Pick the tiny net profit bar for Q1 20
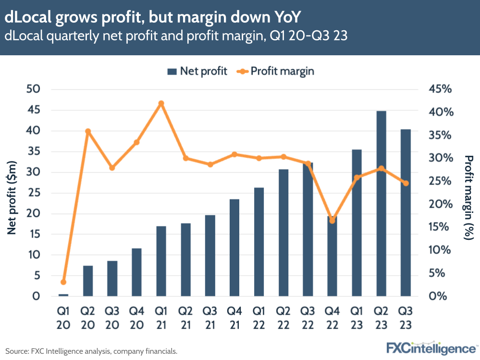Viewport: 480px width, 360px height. [63, 295]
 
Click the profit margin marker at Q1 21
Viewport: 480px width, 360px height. [161, 103]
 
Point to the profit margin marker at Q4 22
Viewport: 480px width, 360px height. [332, 221]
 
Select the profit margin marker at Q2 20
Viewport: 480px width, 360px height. [88, 131]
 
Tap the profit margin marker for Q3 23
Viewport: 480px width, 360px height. [406, 183]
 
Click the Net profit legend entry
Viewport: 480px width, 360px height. [197, 71]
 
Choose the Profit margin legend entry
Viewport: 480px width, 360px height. [276, 71]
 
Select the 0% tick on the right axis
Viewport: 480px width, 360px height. [438, 296]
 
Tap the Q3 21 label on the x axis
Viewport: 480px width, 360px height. [209, 318]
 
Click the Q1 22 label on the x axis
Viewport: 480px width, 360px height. [258, 318]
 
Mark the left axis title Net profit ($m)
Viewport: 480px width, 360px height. [12, 198]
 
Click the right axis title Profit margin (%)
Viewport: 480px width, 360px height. [468, 198]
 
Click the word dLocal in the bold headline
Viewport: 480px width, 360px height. [29, 17]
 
